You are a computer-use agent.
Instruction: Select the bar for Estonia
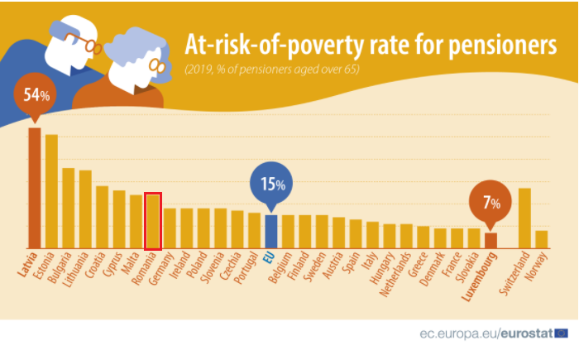(51, 191)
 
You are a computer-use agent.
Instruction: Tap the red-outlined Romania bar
(152, 221)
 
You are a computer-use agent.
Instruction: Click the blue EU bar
(270, 232)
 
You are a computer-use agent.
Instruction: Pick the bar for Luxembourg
(490, 240)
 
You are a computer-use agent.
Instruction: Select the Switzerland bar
(524, 218)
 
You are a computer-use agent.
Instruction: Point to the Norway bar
(541, 239)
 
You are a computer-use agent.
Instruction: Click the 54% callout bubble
(35, 96)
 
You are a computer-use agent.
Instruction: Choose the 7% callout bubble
(490, 202)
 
